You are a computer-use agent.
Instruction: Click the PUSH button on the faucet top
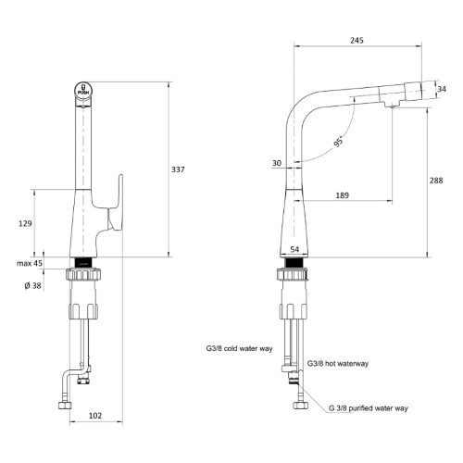[83, 90]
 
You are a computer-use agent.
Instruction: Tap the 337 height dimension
[178, 169]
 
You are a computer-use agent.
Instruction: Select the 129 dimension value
[25, 223]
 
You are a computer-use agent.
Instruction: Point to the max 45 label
[30, 263]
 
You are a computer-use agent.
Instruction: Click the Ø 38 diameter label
[32, 286]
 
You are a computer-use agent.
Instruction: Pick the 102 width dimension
[95, 416]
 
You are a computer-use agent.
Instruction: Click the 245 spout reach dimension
[357, 40]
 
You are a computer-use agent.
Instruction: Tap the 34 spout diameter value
[442, 89]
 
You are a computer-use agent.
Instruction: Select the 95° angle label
[339, 142]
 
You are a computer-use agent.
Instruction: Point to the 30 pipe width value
[277, 163]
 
